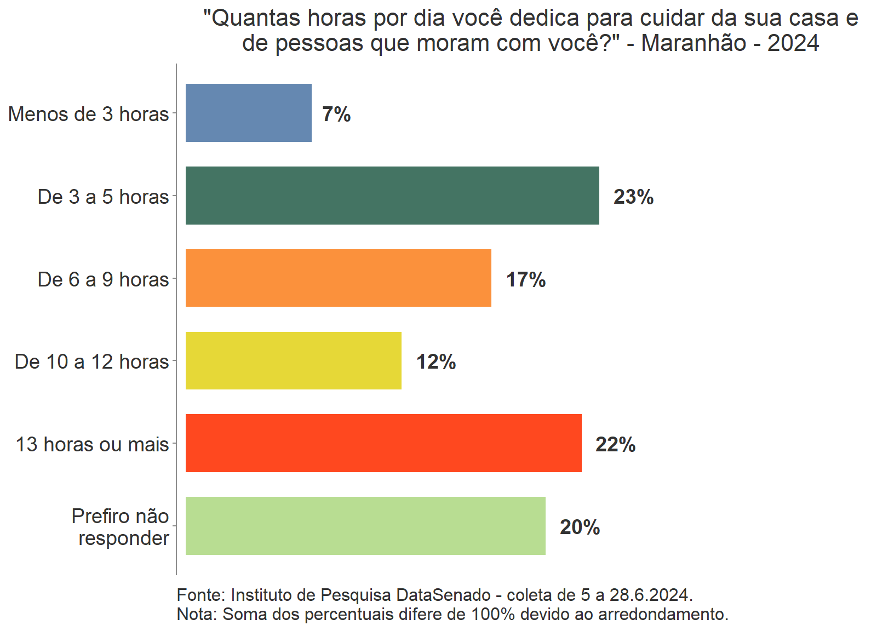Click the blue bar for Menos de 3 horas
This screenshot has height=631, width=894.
pyautogui.click(x=248, y=113)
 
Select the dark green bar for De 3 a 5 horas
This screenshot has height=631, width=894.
pyautogui.click(x=392, y=196)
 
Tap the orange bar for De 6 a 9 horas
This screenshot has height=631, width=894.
pyautogui.click(x=338, y=278)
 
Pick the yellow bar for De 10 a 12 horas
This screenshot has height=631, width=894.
pyautogui.click(x=293, y=361)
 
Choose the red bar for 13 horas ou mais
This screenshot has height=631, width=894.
pyautogui.click(x=383, y=443)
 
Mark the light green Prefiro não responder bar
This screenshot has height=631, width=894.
pyautogui.click(x=365, y=526)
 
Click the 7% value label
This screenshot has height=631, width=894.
pyautogui.click(x=336, y=114)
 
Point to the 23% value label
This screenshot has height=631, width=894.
pyautogui.click(x=633, y=197)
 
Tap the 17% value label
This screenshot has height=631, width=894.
pyautogui.click(x=525, y=280)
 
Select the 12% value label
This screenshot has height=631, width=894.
pyautogui.click(x=436, y=362)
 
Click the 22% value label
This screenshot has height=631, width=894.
pyautogui.click(x=615, y=445)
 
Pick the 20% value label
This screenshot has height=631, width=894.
pyautogui.click(x=580, y=527)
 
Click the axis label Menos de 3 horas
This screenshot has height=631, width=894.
pyautogui.click(x=89, y=114)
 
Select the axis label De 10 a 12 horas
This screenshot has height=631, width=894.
pyautogui.click(x=92, y=362)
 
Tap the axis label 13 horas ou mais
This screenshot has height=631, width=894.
pyautogui.click(x=92, y=444)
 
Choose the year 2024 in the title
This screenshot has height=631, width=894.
pyautogui.click(x=793, y=43)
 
